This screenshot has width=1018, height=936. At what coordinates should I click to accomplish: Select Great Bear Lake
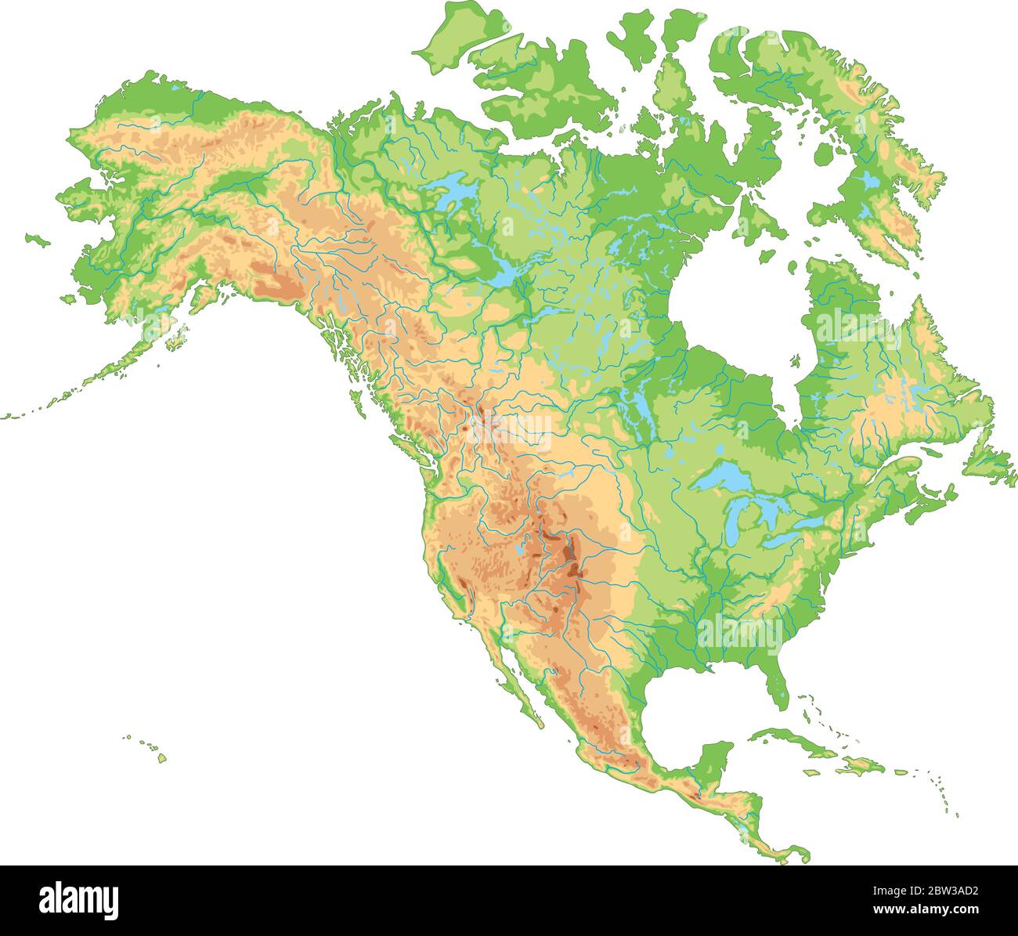coord(454,190)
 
